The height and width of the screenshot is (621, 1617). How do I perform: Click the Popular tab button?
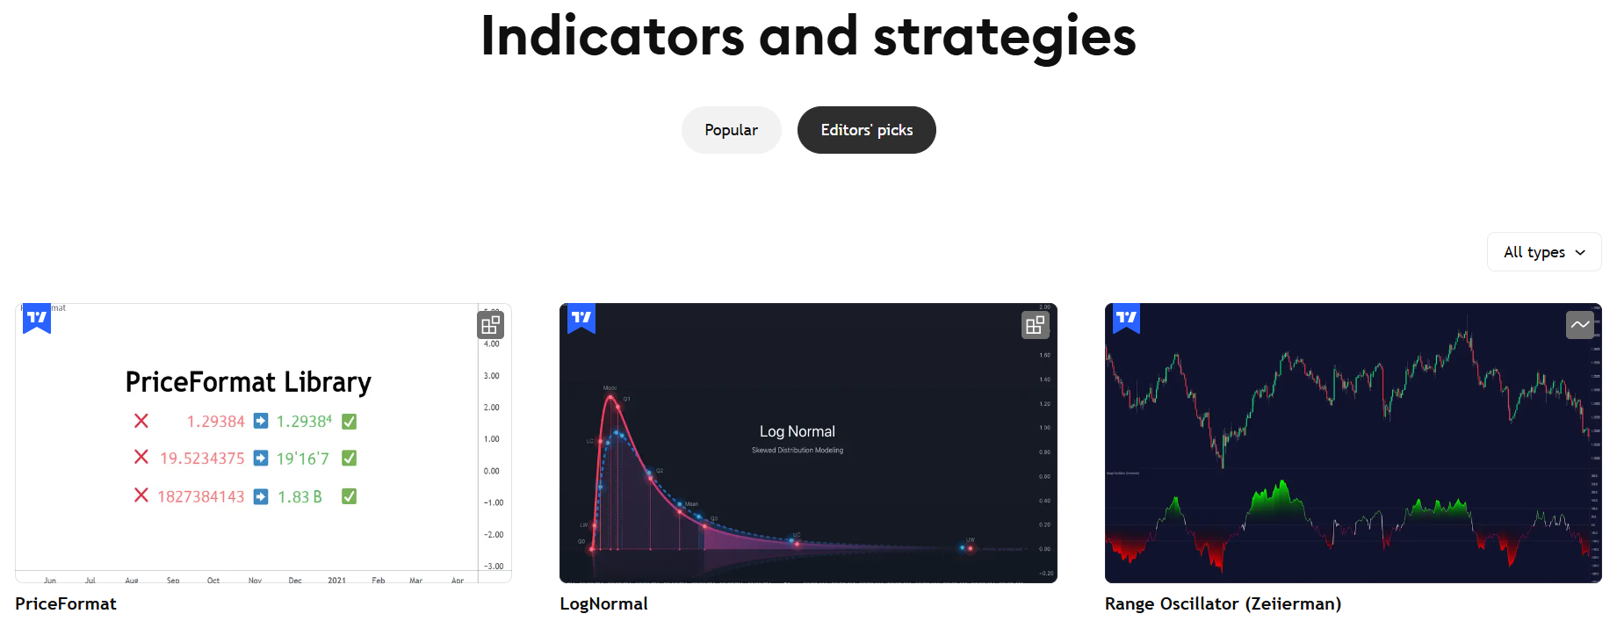(731, 130)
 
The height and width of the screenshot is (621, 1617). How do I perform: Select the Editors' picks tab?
(866, 130)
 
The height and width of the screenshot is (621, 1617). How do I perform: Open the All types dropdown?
(1544, 252)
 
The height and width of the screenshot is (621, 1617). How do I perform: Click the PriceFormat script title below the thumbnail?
(66, 603)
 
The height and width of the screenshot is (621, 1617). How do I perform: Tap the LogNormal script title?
(603, 603)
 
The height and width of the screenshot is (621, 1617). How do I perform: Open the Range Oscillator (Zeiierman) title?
(1223, 603)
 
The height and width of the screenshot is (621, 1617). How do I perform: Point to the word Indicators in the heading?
(612, 37)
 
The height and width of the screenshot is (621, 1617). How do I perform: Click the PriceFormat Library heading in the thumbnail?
(248, 382)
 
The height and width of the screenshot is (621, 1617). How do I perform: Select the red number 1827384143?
(201, 497)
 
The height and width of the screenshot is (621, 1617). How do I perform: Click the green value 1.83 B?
(300, 497)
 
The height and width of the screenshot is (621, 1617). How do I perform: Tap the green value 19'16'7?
(302, 459)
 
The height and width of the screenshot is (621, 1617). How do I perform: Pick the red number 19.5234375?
(202, 459)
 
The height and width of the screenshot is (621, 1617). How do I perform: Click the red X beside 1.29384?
(141, 421)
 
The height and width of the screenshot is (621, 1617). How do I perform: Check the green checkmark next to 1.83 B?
(349, 496)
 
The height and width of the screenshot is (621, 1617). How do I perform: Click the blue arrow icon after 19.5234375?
(261, 458)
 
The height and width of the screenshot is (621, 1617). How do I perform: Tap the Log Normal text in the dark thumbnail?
(797, 431)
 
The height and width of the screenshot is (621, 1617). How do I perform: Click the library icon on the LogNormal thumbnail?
(1036, 325)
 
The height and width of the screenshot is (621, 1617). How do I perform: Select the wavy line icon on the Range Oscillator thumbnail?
(1580, 325)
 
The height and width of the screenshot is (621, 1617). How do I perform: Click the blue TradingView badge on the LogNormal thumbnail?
(581, 318)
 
